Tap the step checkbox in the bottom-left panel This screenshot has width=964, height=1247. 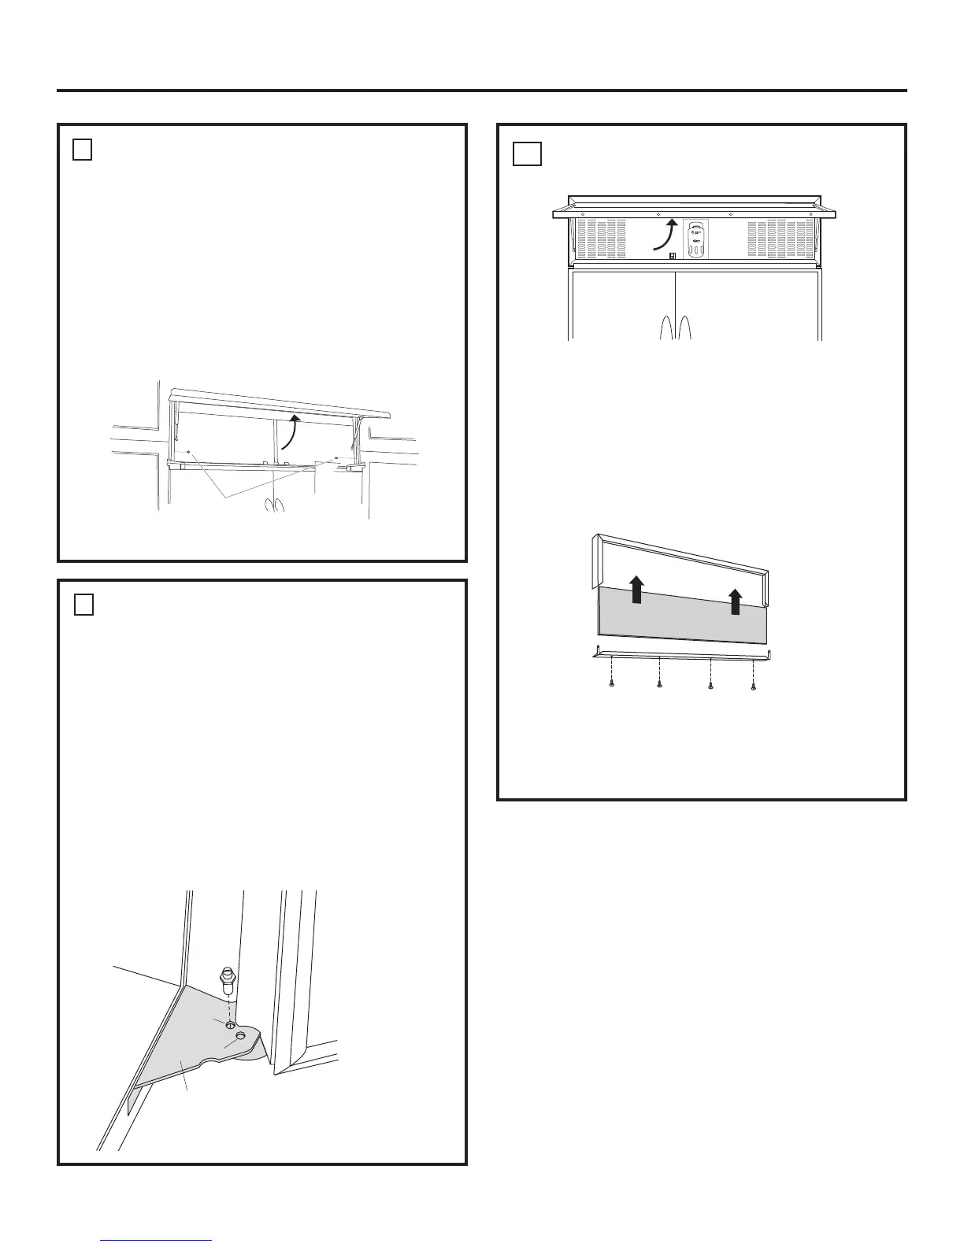tap(83, 605)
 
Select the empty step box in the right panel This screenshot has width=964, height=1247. tap(527, 154)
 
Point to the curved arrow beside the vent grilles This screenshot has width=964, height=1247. tap(665, 235)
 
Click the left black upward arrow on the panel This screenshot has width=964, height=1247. tap(637, 589)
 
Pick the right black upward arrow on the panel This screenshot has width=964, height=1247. tap(736, 601)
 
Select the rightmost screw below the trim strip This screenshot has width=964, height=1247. tap(754, 686)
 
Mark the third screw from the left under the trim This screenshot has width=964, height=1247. tap(711, 686)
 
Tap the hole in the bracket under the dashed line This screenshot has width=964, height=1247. tap(229, 1024)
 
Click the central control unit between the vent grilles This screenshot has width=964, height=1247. tap(695, 239)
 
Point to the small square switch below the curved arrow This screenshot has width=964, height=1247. tap(673, 255)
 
